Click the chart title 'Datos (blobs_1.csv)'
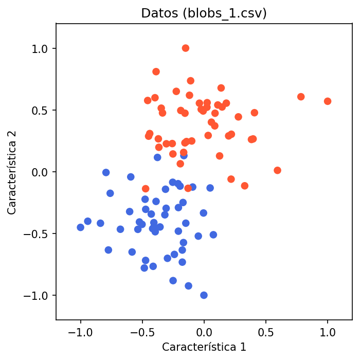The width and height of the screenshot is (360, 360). [204, 13]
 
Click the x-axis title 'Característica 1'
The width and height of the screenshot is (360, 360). [204, 347]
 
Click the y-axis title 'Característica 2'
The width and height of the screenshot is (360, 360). [12, 172]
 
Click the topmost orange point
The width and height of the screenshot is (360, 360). [186, 48]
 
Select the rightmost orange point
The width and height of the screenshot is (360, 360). [328, 101]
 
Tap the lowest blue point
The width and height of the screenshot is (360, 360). [204, 295]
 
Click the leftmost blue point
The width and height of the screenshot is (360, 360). [80, 227]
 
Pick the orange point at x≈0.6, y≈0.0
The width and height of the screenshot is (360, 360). [278, 170]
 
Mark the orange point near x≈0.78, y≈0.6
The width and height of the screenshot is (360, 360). [301, 97]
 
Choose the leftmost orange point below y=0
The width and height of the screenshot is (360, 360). [146, 189]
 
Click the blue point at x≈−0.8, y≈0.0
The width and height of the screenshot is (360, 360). [106, 173]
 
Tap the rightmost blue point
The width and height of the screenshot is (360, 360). [213, 235]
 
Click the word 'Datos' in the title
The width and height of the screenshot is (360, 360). [157, 13]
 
